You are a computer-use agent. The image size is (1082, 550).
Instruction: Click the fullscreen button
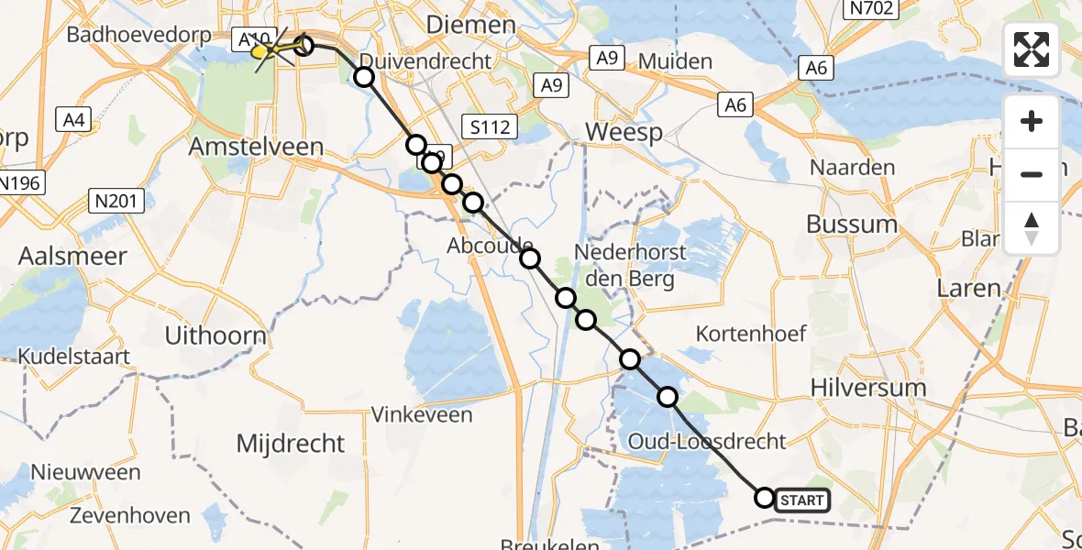(1032, 49)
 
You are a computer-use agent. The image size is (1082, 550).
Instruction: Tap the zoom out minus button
(1032, 173)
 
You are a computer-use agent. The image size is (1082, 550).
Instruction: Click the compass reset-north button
(1032, 227)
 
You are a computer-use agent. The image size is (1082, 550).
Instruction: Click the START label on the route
(803, 500)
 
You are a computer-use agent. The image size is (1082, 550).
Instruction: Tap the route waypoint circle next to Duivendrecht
(364, 77)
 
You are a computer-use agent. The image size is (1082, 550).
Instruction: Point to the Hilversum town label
(868, 388)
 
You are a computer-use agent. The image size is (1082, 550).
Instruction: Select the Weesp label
(624, 132)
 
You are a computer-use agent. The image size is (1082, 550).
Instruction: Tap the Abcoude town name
(490, 246)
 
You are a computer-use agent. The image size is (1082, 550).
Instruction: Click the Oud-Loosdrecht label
(707, 441)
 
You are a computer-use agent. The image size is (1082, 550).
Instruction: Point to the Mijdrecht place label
(291, 444)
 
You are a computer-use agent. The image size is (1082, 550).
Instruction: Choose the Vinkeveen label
(422, 414)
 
